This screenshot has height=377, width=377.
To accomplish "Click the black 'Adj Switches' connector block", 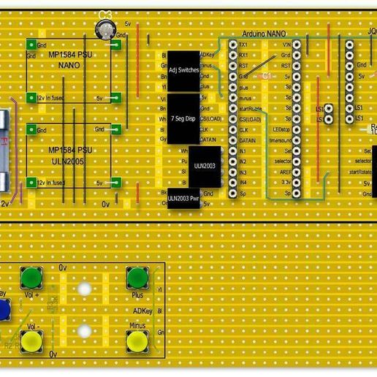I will pyautogui.click(x=183, y=70).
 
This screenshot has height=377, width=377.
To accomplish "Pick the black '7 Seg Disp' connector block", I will pyautogui.click(x=183, y=118).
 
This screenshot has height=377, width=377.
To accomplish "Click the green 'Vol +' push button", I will pyautogui.click(x=31, y=277).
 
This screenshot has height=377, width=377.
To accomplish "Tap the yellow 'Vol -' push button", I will pyautogui.click(x=31, y=340).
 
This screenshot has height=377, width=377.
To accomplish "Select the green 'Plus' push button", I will pyautogui.click(x=137, y=278).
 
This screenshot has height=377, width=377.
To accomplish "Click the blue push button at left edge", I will pyautogui.click(x=3, y=310).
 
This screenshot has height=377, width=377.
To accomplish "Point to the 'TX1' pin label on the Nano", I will pyautogui.click(x=243, y=45).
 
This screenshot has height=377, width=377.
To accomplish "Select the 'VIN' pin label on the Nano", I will pyautogui.click(x=286, y=45).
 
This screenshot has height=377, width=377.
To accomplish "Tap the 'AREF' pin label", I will pyautogui.click(x=286, y=171).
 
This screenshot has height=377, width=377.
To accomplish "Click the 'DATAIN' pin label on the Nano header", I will pyautogui.click(x=246, y=140).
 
